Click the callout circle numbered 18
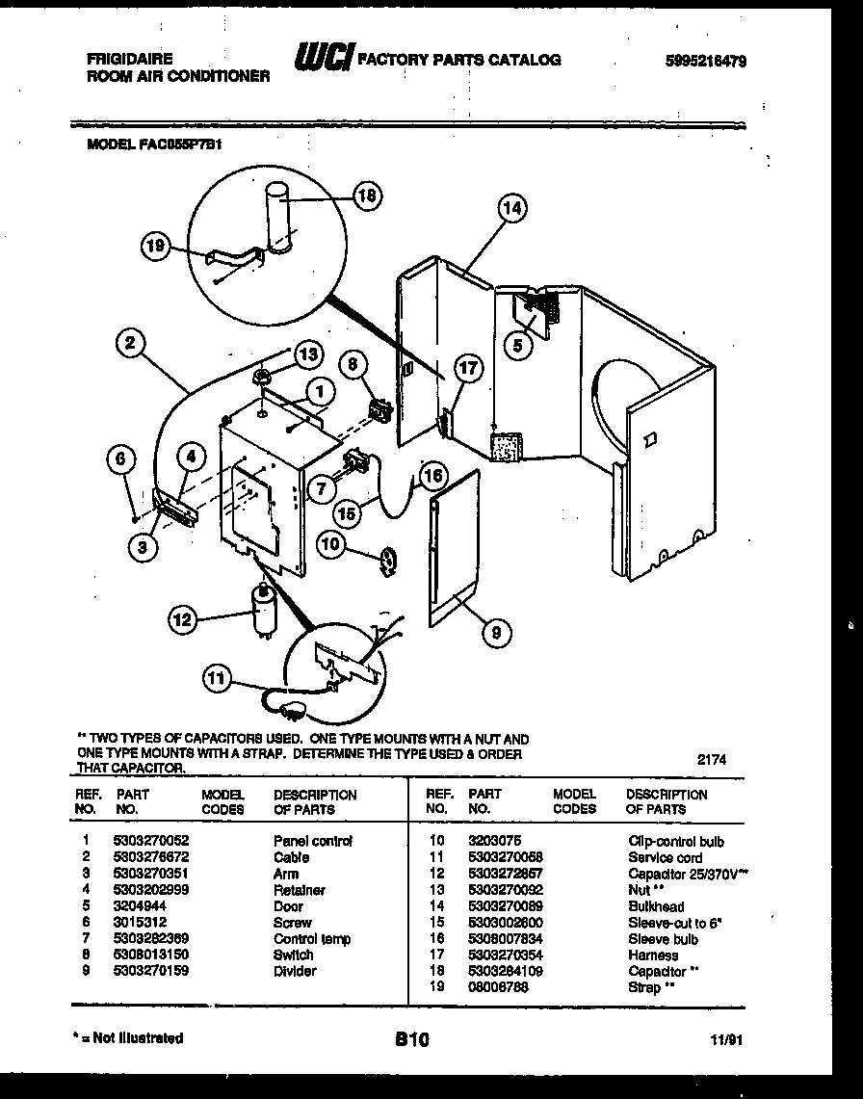tap(366, 196)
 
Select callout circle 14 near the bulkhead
tap(513, 207)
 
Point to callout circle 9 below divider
tap(496, 632)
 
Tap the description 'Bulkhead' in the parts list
tap(656, 906)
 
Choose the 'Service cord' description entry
tap(665, 857)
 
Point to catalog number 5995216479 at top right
tap(706, 61)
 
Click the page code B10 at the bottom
tap(411, 1039)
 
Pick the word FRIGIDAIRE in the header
tap(121, 59)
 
